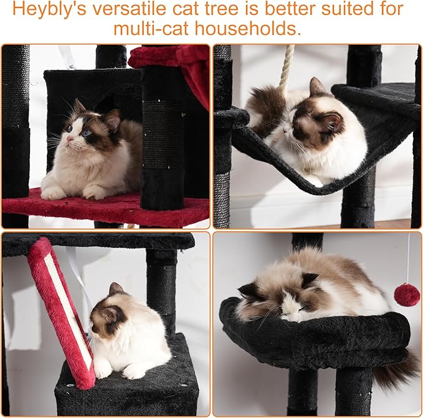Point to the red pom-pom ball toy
point(406,294)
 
